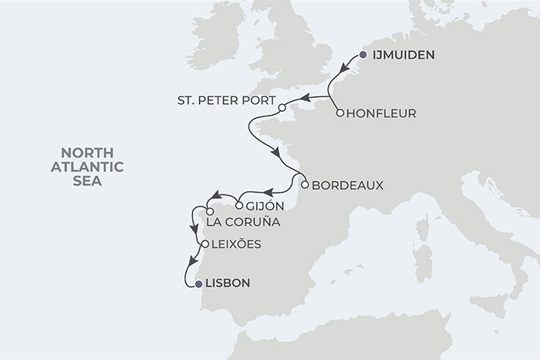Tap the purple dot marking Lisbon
(200, 284)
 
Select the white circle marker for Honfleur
(340, 113)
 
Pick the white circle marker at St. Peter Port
(282, 108)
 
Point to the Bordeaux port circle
(305, 185)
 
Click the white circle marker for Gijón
(240, 206)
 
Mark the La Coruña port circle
(210, 211)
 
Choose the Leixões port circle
(204, 244)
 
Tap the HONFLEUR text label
(383, 114)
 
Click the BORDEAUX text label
(347, 185)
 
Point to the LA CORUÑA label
(241, 223)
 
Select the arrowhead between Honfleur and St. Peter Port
(303, 98)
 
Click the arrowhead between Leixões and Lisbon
(190, 264)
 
